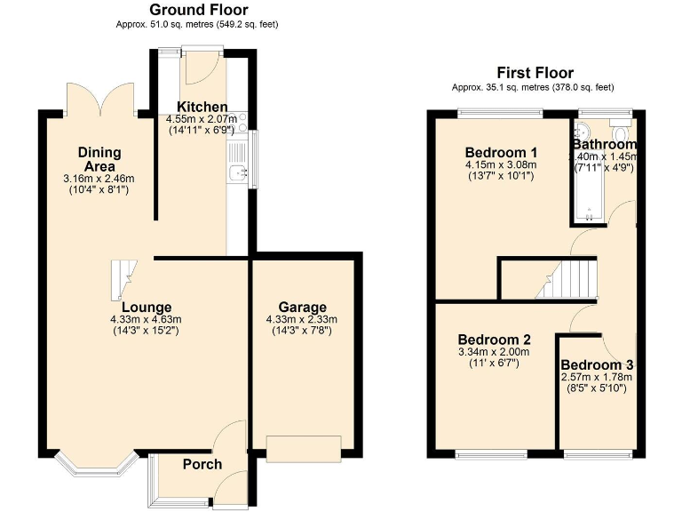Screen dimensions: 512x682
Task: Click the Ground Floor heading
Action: [x=197, y=10]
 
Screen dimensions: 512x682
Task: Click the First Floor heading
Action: [x=536, y=73]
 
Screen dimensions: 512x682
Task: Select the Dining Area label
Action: [x=99, y=158]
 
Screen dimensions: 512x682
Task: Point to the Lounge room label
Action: [x=147, y=308]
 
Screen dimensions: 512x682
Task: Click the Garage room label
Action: [x=302, y=308]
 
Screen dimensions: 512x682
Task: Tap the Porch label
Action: [x=202, y=464]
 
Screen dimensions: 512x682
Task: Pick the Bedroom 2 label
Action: [x=495, y=340]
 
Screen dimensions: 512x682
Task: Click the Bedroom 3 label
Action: [x=597, y=365]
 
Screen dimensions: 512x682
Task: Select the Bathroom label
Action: [x=604, y=144]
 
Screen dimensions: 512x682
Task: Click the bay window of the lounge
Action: [x=92, y=463]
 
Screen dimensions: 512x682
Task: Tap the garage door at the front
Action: [x=304, y=449]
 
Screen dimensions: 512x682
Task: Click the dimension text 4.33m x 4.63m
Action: [x=146, y=320]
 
